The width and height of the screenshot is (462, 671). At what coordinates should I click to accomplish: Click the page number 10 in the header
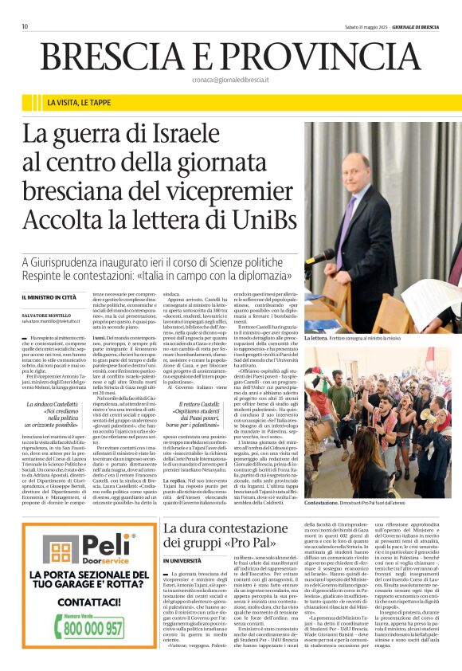(25, 26)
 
